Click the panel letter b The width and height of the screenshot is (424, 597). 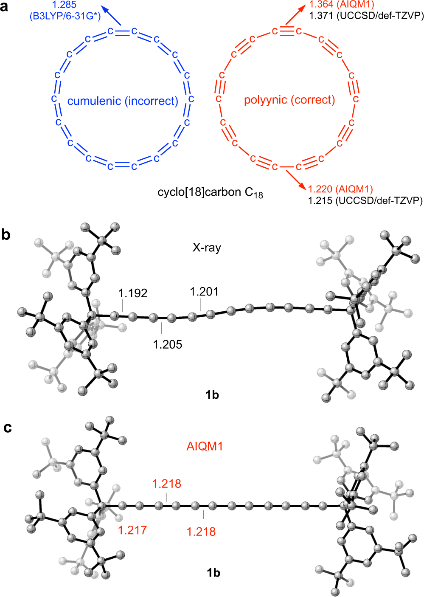point(6,234)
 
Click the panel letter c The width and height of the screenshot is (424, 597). point(7,428)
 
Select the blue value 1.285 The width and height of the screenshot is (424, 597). point(64,5)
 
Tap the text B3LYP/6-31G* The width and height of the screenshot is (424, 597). point(65,17)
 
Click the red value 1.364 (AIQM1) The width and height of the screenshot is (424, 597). point(341,5)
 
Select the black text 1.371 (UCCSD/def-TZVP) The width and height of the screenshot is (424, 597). point(366,16)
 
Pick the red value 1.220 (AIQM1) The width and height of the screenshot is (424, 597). point(340,189)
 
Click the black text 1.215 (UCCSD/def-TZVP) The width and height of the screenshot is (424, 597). point(365,200)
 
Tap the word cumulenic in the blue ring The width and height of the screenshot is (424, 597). point(94,101)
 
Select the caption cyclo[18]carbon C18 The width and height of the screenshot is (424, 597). point(210,193)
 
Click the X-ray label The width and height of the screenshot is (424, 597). point(207,248)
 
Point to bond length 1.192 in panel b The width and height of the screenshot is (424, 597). point(133,293)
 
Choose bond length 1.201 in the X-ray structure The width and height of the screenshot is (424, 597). point(204,292)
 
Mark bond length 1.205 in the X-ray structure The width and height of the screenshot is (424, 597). point(168,344)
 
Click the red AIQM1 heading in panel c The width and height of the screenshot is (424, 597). point(205,446)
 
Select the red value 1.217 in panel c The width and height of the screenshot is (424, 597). point(132,530)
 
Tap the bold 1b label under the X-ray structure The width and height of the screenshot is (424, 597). point(212,395)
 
